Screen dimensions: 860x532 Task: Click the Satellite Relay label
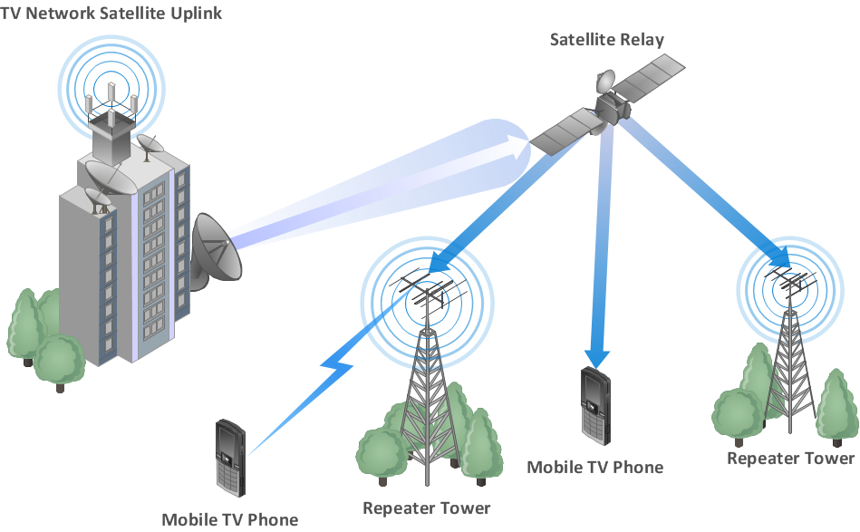click(606, 40)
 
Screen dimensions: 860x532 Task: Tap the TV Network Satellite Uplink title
click(111, 14)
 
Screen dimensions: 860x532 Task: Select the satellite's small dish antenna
click(605, 82)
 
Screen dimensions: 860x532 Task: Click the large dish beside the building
click(216, 250)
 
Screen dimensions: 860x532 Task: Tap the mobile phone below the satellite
click(595, 406)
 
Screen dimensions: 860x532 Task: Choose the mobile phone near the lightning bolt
click(230, 458)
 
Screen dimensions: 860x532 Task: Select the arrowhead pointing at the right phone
click(596, 358)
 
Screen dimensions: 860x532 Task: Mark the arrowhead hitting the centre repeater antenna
click(440, 262)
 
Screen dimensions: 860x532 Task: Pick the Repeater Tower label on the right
click(790, 459)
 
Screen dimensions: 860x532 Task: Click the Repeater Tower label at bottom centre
click(426, 508)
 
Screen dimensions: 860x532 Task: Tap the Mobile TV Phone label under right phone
click(595, 468)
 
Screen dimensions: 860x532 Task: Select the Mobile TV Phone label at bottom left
click(230, 519)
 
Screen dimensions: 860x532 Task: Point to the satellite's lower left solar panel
click(565, 131)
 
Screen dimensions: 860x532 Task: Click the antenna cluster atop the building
click(111, 103)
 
